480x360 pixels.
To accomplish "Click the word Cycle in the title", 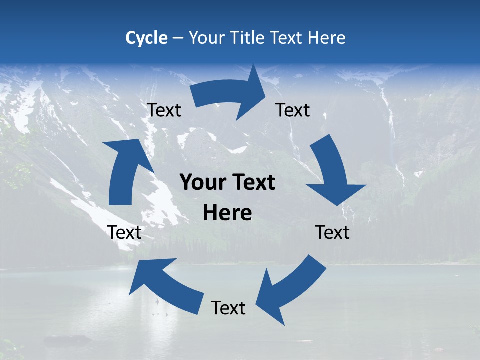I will (146, 38).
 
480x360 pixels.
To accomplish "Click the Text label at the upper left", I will (164, 110).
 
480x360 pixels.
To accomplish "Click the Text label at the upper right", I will (293, 110).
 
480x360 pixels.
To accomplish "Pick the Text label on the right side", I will (333, 232).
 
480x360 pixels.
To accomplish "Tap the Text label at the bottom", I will (228, 308).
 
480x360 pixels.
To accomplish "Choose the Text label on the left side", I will (124, 232).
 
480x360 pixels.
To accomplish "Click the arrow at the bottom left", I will (165, 285).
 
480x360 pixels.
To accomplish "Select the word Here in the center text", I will (227, 213).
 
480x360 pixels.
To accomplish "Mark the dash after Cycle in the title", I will (177, 38).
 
